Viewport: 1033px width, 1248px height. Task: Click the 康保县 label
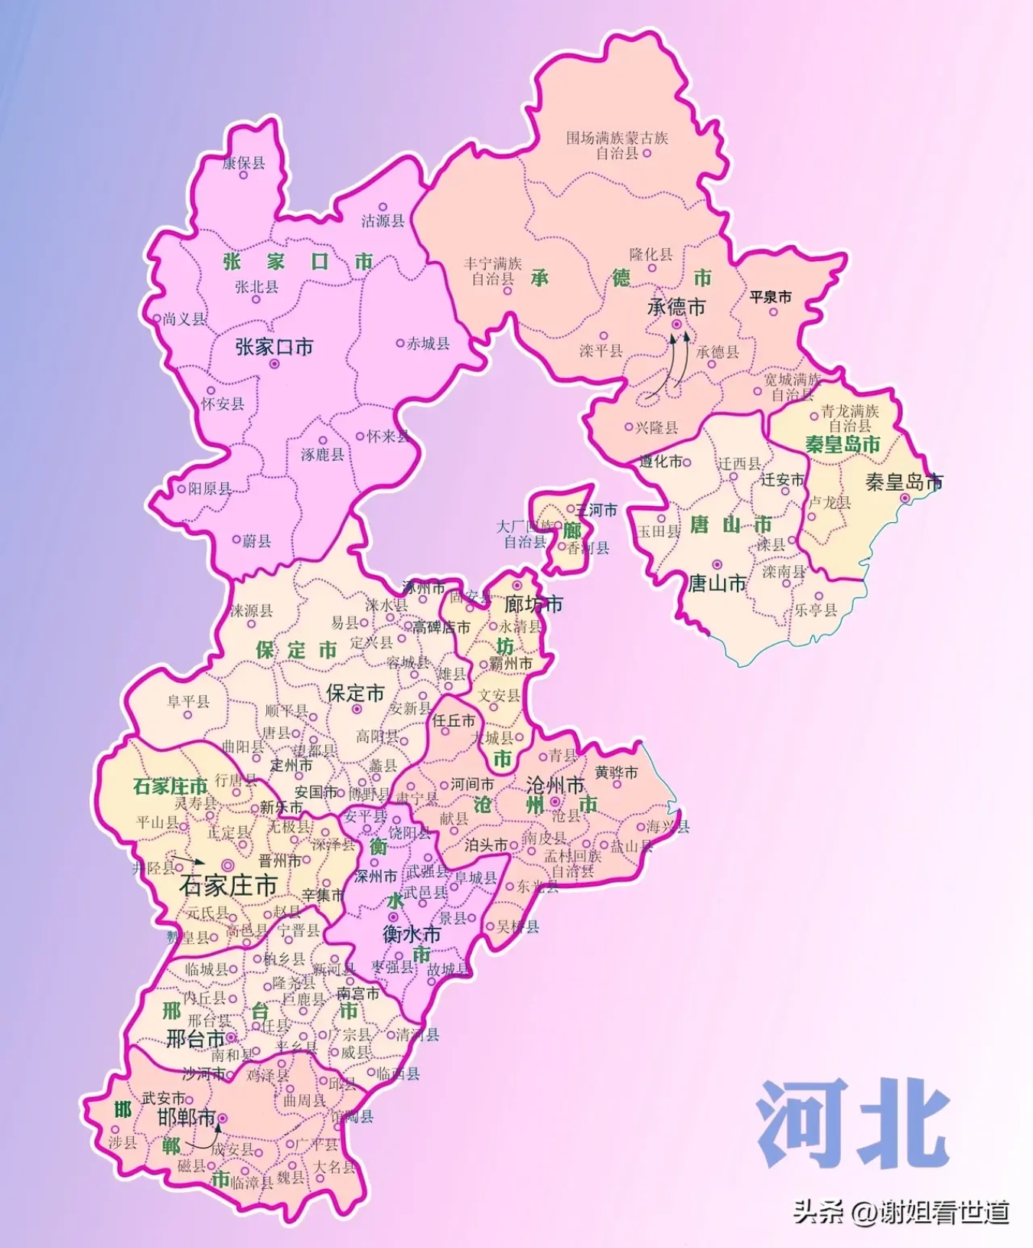[244, 162]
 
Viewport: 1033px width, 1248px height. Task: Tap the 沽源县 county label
[383, 221]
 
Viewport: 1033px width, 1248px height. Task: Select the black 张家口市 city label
[274, 347]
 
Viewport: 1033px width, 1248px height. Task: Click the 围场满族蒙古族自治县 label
[617, 145]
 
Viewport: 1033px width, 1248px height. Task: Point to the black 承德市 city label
[676, 307]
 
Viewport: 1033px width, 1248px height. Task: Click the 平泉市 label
[770, 296]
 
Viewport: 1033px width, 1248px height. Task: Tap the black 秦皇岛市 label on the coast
[904, 482]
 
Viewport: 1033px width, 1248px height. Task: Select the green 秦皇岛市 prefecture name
[842, 444]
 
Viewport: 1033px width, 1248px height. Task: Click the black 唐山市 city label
[717, 583]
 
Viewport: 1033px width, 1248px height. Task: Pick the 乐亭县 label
[816, 610]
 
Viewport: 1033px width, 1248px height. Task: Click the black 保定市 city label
[355, 693]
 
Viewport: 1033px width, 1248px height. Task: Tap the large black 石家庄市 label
[228, 886]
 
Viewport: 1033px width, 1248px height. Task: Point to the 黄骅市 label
[616, 773]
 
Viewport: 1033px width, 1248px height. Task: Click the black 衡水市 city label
[412, 934]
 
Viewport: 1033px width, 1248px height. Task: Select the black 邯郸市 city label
[187, 1117]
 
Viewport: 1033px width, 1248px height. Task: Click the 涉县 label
[122, 1142]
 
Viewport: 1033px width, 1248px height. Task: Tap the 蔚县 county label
[257, 541]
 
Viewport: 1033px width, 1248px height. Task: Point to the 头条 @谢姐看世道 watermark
[901, 1212]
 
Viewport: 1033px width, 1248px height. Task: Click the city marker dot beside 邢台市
[231, 1037]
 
